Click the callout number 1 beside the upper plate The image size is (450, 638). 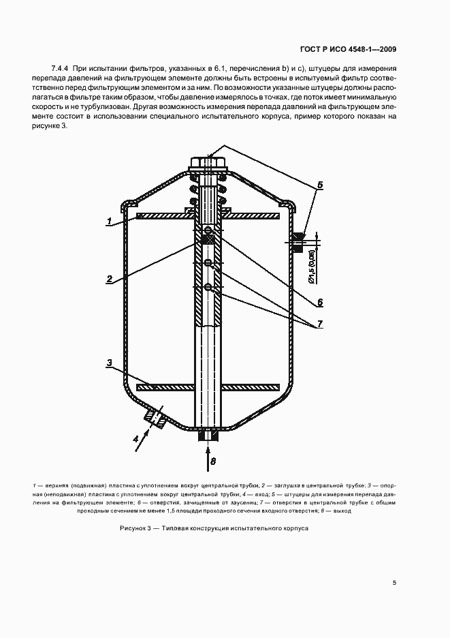[x=108, y=221]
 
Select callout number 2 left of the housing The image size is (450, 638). [x=108, y=278]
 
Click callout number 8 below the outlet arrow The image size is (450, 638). [x=212, y=461]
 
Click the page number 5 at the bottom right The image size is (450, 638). [x=394, y=583]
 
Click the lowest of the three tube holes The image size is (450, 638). [x=208, y=287]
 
